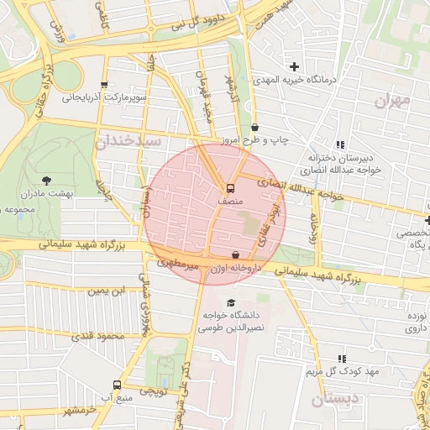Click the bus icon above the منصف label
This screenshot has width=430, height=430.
tap(230, 188)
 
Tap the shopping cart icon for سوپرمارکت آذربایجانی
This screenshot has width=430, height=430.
tap(104, 85)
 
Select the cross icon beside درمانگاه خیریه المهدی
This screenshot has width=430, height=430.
tap(294, 66)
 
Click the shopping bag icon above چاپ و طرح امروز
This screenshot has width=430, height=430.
tap(254, 128)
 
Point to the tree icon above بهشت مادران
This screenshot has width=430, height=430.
tap(45, 179)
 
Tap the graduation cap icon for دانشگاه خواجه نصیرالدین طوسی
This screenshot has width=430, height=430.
tap(232, 302)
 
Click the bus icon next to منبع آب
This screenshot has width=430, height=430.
tap(115, 385)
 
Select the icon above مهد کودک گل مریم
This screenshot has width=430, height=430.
tap(341, 359)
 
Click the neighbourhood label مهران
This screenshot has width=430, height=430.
tap(393, 102)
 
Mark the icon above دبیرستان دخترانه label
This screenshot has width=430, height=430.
tap(340, 144)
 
